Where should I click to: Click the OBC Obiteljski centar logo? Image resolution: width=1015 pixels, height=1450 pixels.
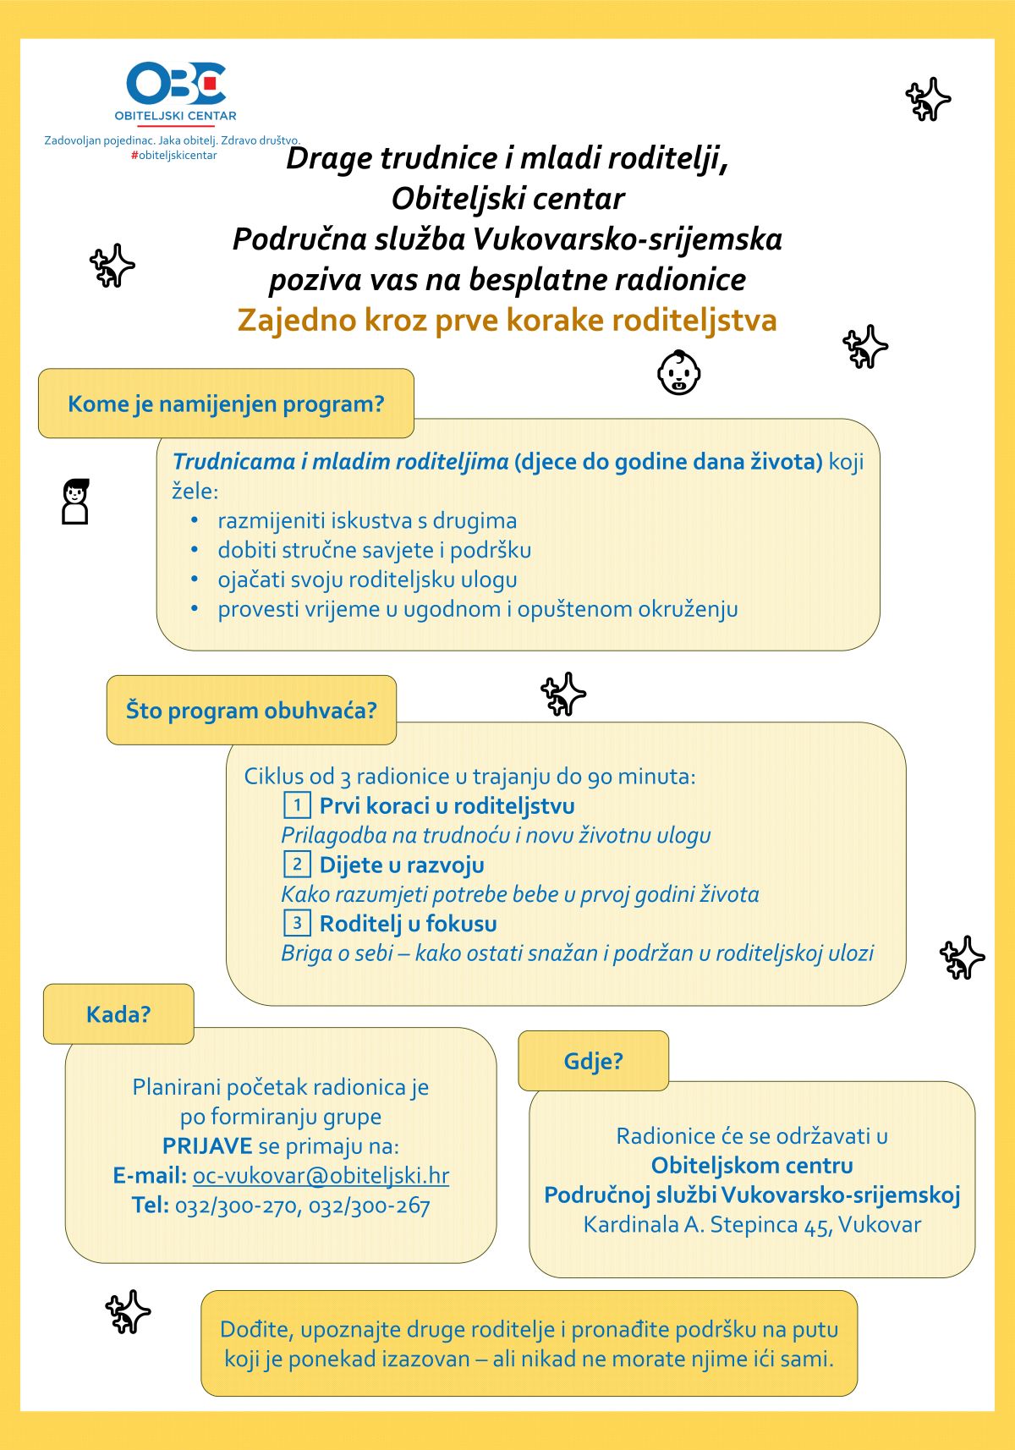pyautogui.click(x=176, y=91)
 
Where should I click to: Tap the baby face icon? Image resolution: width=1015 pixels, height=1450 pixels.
pyautogui.click(x=679, y=372)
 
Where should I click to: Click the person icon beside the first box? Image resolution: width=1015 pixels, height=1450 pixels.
pyautogui.click(x=75, y=502)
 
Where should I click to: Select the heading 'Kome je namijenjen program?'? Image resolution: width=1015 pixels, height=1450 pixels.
pyautogui.click(x=226, y=404)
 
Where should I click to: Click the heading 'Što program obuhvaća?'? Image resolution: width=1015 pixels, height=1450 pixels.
pyautogui.click(x=251, y=710)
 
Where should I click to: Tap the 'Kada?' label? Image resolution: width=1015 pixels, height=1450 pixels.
pyautogui.click(x=118, y=1013)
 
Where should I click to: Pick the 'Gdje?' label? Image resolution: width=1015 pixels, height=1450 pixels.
pyautogui.click(x=593, y=1060)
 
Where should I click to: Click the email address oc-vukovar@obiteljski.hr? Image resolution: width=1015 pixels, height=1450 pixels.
pyautogui.click(x=321, y=1175)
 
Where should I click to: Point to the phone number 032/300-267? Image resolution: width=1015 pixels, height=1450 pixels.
pyautogui.click(x=370, y=1205)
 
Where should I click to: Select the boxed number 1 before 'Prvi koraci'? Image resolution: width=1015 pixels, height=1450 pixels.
pyautogui.click(x=297, y=805)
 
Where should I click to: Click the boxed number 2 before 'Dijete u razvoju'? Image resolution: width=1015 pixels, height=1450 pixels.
pyautogui.click(x=297, y=864)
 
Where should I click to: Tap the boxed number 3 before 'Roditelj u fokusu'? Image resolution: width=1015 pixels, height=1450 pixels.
pyautogui.click(x=297, y=922)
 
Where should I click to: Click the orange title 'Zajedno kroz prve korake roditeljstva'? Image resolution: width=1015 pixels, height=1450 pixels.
pyautogui.click(x=507, y=320)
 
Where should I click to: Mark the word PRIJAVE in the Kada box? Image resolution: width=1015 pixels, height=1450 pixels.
pyautogui.click(x=207, y=1145)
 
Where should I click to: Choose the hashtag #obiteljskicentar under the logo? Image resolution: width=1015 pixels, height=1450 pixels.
pyautogui.click(x=173, y=156)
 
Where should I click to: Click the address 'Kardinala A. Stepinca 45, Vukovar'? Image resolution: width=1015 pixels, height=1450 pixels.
pyautogui.click(x=752, y=1224)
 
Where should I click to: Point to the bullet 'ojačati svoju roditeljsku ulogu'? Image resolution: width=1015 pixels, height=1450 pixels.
pyautogui.click(x=367, y=579)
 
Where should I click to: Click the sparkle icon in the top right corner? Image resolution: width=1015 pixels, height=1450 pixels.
pyautogui.click(x=928, y=99)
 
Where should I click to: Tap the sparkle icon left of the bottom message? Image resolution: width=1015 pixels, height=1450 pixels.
pyautogui.click(x=128, y=1311)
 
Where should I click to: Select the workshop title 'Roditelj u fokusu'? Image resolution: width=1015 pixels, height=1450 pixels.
pyautogui.click(x=408, y=923)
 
